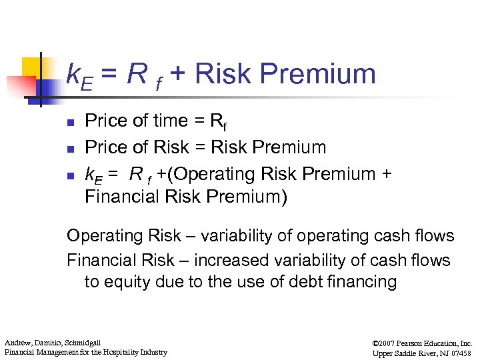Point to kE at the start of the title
(81, 75)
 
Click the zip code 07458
(459, 352)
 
